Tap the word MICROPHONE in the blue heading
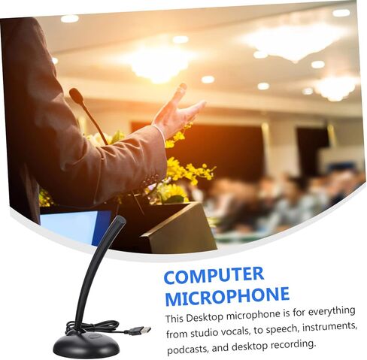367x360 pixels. tap(227, 296)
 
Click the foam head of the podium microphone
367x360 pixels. tap(76, 95)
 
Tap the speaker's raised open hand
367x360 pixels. tap(177, 110)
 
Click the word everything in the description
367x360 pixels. tap(332, 312)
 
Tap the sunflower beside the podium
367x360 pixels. tap(172, 193)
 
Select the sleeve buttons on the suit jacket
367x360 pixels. tap(151, 180)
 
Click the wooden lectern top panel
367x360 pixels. tap(178, 228)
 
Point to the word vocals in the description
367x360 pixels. tap(235, 331)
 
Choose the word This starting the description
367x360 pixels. tap(175, 319)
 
